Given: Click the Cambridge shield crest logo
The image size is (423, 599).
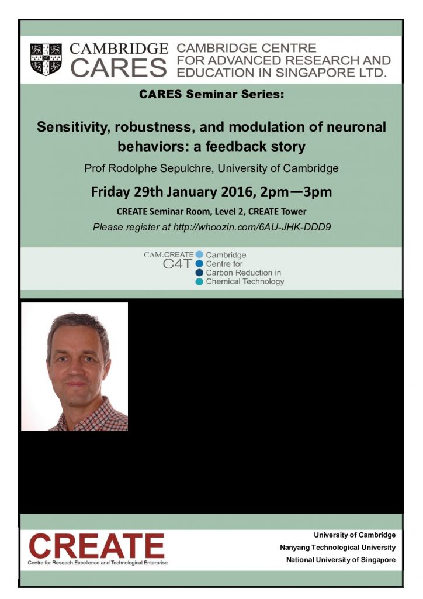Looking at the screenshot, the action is coord(46,59).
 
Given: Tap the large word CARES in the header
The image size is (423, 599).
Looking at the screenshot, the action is coord(119,68).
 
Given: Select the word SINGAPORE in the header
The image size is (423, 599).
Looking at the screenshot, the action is coord(313,73).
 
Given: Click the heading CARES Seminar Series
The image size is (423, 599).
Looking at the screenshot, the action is coord(211,94).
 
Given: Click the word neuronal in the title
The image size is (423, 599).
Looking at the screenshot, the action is coord(355,127).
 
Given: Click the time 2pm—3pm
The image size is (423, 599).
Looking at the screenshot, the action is coord(296,192).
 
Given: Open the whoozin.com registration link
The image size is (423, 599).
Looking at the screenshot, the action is coord(252,228).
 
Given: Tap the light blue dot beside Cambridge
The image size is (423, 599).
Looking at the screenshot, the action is coord(199,255).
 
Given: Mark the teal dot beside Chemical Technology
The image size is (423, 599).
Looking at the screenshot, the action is coord(199,282).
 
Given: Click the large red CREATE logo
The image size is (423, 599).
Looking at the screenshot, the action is coord(96,546).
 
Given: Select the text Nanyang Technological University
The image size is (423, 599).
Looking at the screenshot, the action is coord(338,548).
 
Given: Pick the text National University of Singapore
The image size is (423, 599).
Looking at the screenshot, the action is coord(341,560).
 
